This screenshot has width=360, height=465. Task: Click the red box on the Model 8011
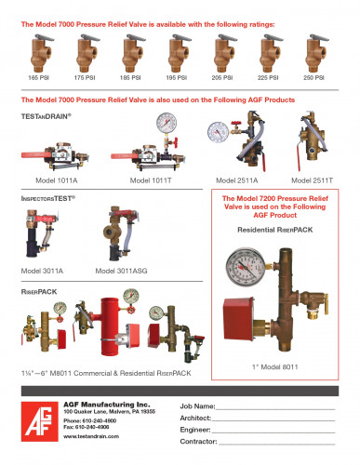pos(238,311)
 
